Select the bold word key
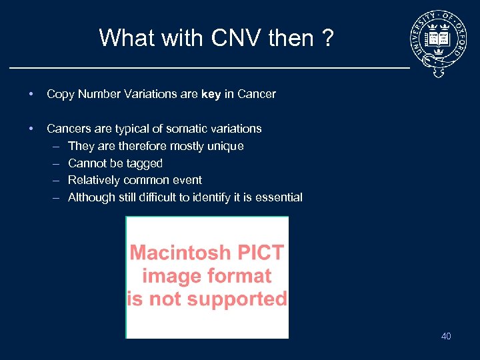click(x=211, y=94)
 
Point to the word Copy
click(x=60, y=94)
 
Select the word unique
click(x=227, y=146)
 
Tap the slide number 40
click(x=446, y=336)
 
